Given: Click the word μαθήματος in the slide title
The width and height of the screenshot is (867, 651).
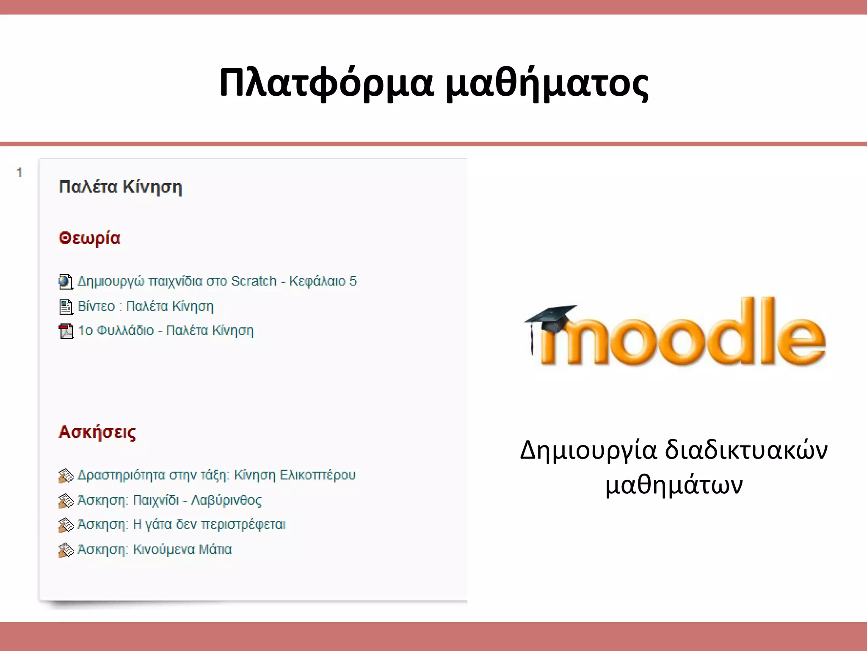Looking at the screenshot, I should tap(547, 83).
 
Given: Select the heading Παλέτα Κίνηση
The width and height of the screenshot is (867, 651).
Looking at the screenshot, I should tap(121, 187).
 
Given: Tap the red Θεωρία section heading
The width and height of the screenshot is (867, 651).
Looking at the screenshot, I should tap(89, 238).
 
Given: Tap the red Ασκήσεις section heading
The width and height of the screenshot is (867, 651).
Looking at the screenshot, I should tap(97, 432).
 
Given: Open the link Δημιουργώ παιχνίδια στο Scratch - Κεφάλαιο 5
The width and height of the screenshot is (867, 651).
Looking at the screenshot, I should tap(217, 281).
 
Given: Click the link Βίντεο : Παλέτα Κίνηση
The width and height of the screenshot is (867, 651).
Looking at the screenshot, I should tap(146, 306).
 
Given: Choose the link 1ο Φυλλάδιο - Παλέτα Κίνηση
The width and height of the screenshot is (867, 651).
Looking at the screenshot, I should tap(166, 331).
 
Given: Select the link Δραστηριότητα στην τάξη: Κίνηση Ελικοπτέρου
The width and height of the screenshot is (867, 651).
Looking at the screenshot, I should tap(216, 475).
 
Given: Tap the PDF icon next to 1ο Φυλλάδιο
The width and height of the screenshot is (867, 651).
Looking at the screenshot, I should tap(66, 331).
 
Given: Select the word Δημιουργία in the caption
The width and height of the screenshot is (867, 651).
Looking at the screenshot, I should tap(588, 450).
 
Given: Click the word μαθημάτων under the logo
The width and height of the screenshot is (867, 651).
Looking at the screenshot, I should tap(674, 484).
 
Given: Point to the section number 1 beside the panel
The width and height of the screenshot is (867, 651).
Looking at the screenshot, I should tap(19, 172).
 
